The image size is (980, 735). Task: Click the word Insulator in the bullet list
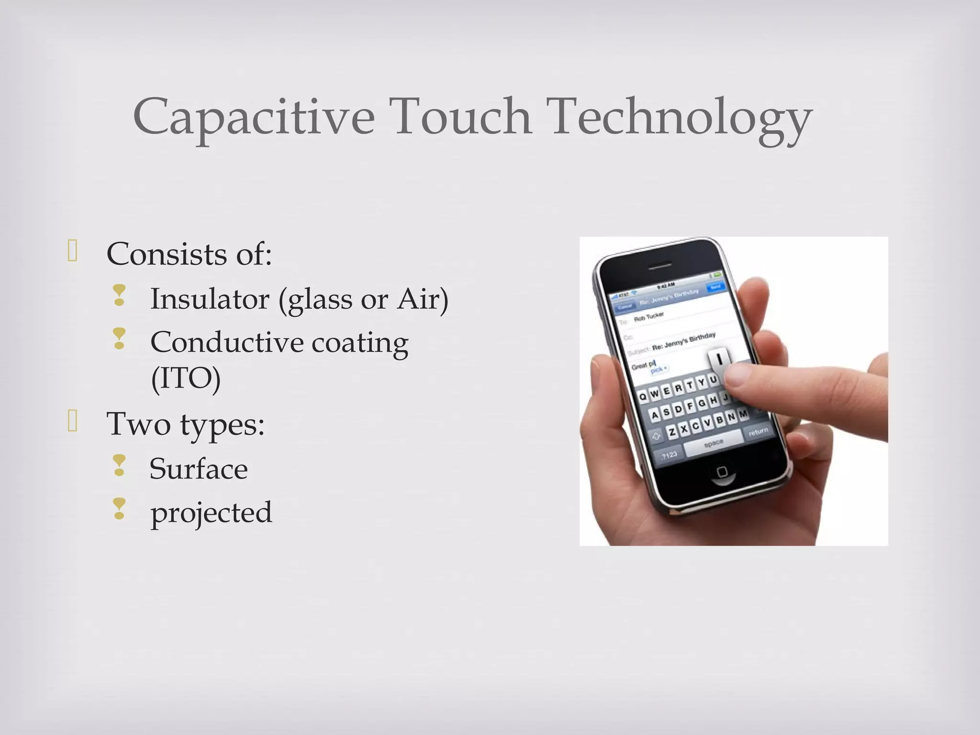210,299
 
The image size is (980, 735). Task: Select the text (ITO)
186,379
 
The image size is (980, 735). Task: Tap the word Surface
199,469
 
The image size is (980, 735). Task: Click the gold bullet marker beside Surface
119,466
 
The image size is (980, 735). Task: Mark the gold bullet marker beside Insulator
119,296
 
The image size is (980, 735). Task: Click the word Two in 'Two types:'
138,424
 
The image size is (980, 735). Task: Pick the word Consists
166,254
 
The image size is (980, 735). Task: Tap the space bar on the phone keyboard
713,445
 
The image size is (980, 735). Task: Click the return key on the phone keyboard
758,432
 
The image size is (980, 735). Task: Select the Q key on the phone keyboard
643,396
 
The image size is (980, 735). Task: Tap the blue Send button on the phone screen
716,287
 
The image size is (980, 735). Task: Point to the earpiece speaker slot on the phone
659,266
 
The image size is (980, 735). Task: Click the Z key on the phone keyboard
672,432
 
